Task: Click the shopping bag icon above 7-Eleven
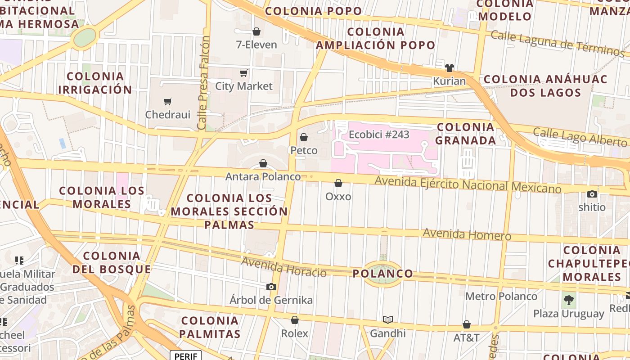click(256, 31)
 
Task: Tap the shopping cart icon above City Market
click(244, 73)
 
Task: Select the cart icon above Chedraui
click(168, 102)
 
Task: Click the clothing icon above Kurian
click(449, 68)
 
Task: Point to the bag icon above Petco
click(304, 137)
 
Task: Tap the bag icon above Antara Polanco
click(263, 163)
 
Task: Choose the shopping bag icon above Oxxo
click(338, 183)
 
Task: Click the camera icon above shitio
click(592, 194)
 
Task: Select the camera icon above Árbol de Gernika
click(271, 287)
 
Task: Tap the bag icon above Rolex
click(295, 320)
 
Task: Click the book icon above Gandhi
click(388, 320)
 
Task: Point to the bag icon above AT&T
click(467, 324)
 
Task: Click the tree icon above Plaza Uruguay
click(569, 300)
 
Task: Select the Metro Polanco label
click(501, 296)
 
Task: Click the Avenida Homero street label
click(467, 234)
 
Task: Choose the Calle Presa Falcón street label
click(204, 83)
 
